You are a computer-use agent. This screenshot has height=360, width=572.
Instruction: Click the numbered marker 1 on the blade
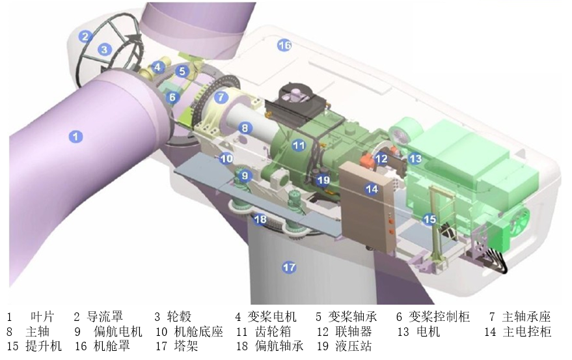(76, 136)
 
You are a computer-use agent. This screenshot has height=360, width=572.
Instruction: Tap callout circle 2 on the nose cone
(85, 36)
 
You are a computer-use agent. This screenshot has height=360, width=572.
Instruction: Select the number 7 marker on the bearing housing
(221, 98)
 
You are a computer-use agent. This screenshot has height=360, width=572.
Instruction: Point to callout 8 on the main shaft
(245, 128)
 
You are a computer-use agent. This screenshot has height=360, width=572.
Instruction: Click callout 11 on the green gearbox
(299, 145)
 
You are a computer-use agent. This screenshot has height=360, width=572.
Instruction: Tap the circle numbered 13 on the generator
(415, 158)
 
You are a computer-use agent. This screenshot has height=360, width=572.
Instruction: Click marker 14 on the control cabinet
(372, 189)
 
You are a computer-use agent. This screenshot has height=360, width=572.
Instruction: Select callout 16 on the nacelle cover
(284, 45)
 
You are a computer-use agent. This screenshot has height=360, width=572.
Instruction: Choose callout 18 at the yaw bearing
(260, 219)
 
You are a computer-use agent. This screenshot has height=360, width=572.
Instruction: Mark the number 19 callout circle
(323, 180)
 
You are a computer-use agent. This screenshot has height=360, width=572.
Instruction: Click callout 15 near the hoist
(429, 219)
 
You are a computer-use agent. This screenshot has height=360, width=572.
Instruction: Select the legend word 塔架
(187, 346)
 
